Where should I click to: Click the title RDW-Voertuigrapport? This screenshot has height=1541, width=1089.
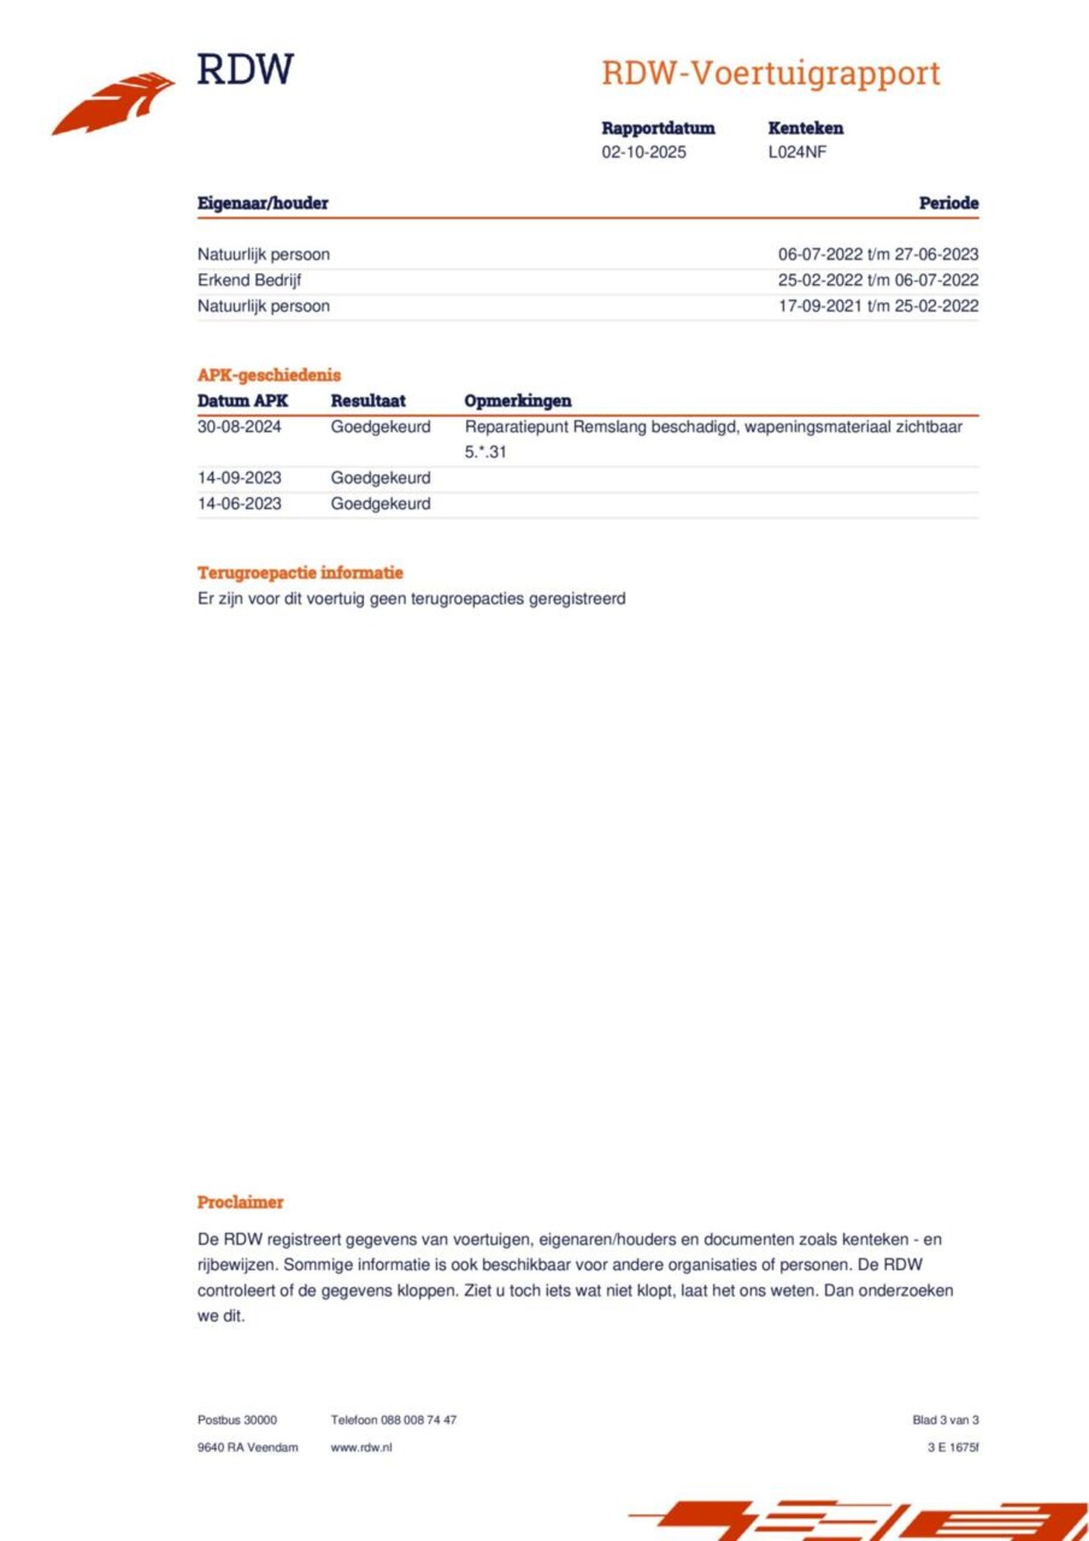click(x=771, y=74)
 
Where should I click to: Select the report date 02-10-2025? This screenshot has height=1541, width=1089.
click(x=643, y=152)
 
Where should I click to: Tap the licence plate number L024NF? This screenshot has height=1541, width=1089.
click(x=797, y=152)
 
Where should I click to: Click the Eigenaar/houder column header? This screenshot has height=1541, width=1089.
click(x=262, y=203)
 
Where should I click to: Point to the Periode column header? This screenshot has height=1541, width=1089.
click(x=948, y=203)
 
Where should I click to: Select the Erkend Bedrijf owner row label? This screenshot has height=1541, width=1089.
click(x=249, y=280)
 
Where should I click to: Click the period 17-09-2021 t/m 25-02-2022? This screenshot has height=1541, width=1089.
click(x=878, y=306)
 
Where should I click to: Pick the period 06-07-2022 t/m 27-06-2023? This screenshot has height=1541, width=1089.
click(x=878, y=254)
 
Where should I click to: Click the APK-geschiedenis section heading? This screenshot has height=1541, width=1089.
click(x=269, y=375)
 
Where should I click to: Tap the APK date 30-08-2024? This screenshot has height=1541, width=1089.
click(x=239, y=427)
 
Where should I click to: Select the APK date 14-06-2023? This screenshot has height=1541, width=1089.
click(x=239, y=503)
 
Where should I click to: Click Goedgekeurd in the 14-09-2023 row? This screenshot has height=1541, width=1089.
click(x=380, y=478)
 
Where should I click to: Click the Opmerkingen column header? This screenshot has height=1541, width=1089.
click(x=517, y=401)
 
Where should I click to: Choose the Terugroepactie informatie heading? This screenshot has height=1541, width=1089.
click(x=299, y=572)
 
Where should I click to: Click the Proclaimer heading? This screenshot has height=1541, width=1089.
click(x=240, y=1202)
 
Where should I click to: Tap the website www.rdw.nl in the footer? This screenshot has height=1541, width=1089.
click(x=361, y=1447)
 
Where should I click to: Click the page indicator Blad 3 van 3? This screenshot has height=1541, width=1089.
click(x=945, y=1419)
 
